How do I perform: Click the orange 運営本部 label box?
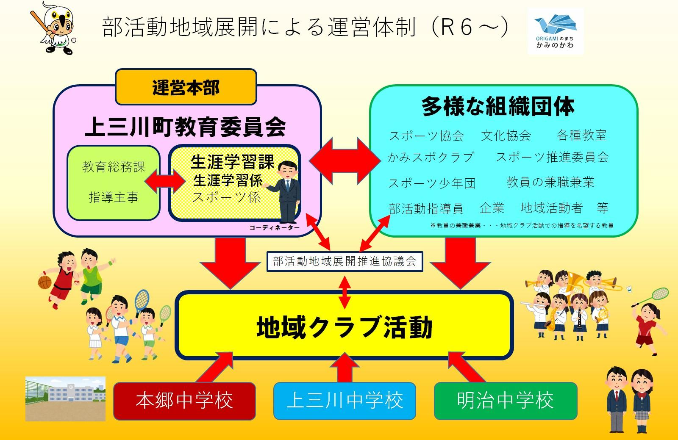[x=186, y=87]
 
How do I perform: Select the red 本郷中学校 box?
[x=184, y=401]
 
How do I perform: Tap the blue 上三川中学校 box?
[x=345, y=401]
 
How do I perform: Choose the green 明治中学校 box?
[x=506, y=401]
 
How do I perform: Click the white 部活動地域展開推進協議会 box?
[x=345, y=261]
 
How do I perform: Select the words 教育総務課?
[x=113, y=167]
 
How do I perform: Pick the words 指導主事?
[x=113, y=197]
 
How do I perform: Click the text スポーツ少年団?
[x=432, y=183]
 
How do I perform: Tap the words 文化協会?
[x=506, y=136]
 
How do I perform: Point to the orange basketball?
[x=44, y=282]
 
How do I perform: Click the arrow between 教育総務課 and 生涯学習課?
[x=165, y=181]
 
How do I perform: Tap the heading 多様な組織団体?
[x=498, y=107]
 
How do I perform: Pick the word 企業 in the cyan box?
[x=492, y=208]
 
